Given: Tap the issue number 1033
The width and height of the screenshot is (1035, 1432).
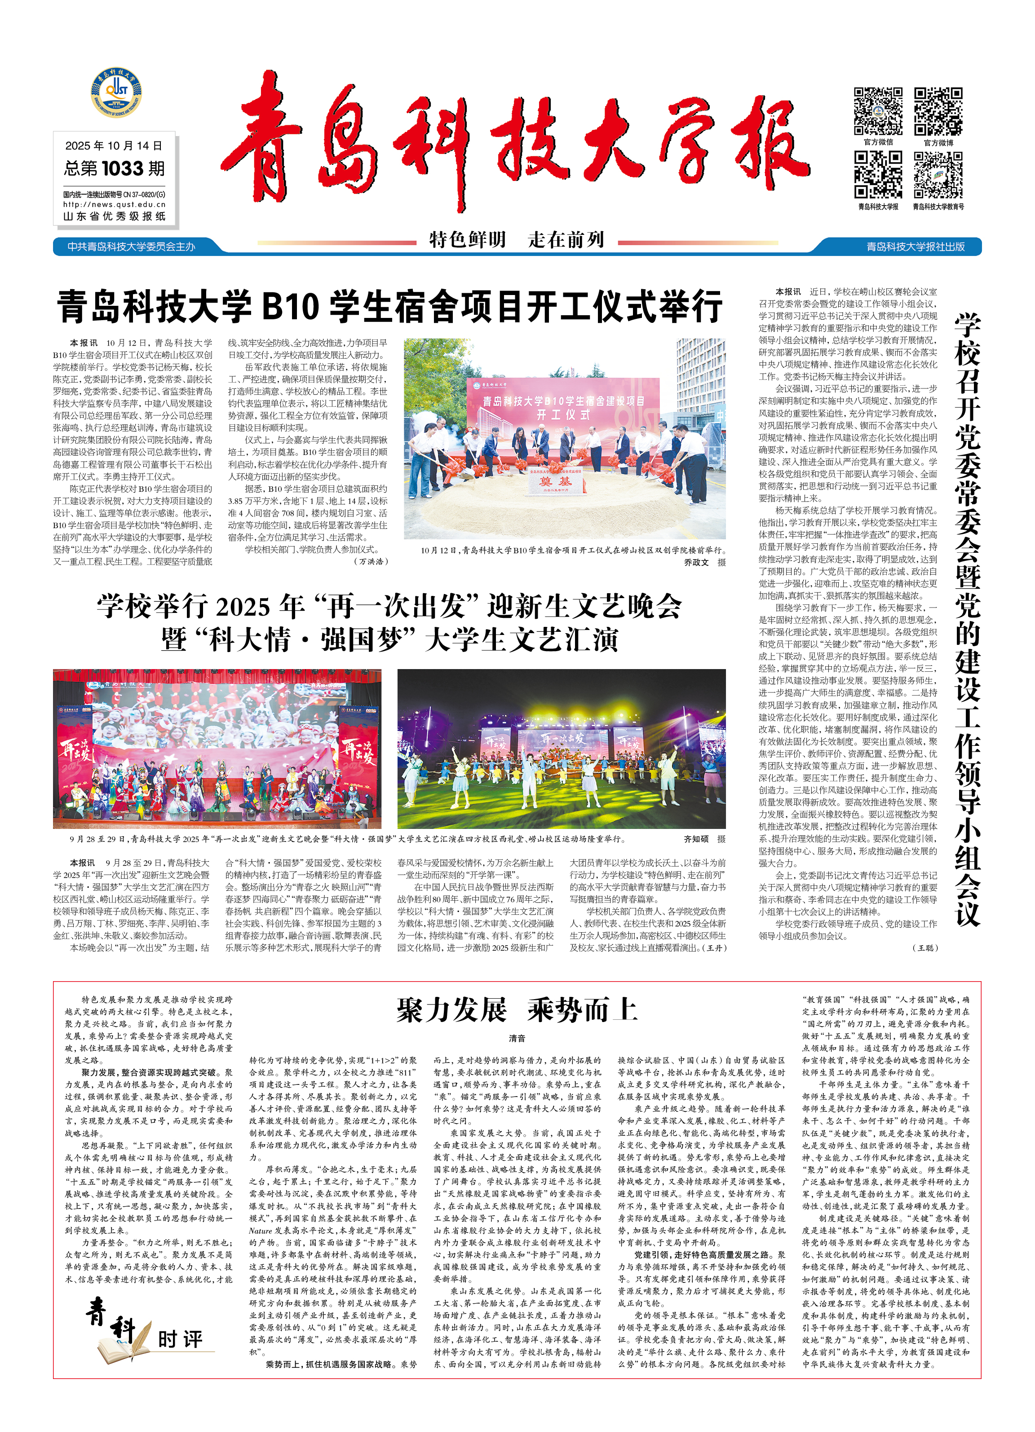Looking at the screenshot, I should (x=123, y=168).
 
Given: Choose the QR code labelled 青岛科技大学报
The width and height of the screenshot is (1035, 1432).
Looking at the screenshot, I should (x=878, y=175).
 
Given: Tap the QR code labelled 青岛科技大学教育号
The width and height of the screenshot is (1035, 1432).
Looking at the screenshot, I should (x=938, y=175).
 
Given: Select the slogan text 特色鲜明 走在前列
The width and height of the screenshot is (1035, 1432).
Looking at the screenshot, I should (x=517, y=240).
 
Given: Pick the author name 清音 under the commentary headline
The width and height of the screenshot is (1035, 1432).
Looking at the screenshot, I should (x=517, y=1039).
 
